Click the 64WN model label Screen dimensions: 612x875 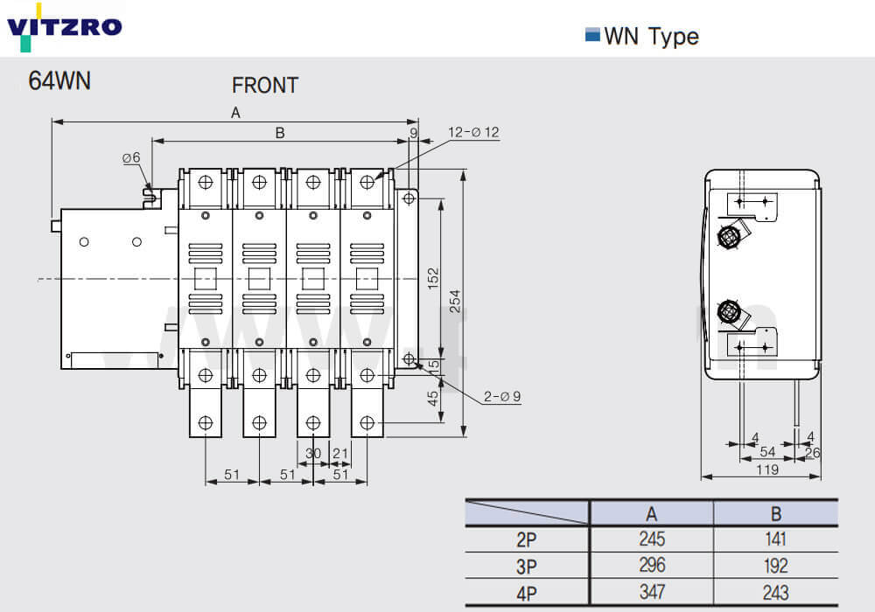click(59, 80)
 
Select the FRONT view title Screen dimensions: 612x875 click(264, 86)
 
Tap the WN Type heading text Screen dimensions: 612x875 click(651, 36)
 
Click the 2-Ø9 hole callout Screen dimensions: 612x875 click(501, 396)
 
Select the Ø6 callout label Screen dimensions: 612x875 click(131, 157)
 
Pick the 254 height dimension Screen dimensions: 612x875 click(455, 301)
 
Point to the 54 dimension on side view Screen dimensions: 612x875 click(766, 451)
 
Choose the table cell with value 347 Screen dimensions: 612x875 click(652, 593)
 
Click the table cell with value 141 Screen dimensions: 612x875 click(775, 539)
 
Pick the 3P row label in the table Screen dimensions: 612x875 click(527, 566)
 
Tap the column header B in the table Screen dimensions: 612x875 click(775, 513)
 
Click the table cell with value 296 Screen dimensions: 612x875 click(652, 566)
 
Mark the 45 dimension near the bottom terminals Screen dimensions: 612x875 click(432, 398)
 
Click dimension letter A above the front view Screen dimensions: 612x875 click(234, 112)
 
